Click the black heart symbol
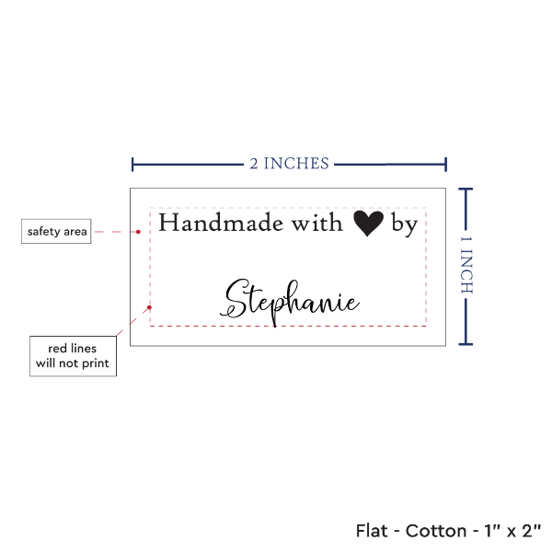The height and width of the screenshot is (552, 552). coord(368,224)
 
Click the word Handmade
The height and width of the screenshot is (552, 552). coord(221,223)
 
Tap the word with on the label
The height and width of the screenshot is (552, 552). coord(316,223)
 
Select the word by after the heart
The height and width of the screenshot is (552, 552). coord(405,224)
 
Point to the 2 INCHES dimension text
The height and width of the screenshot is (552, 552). coord(290,164)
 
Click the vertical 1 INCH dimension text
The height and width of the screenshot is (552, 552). coord(466,265)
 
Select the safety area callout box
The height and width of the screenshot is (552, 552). coord(56,231)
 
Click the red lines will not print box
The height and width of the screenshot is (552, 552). coord(73,356)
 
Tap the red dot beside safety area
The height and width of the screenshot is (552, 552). coord(138,232)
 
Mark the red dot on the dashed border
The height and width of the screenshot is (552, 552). coord(149,307)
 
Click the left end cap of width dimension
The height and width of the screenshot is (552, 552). coord(132,165)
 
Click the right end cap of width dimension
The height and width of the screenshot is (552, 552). coord(445,165)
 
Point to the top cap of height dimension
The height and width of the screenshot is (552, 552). coord(466,190)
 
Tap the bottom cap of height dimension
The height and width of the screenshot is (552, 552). coord(466,344)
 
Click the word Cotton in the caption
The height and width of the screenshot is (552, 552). coord(436,531)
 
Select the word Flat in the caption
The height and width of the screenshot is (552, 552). coord(372,531)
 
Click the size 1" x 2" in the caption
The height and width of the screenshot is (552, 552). coord(512,531)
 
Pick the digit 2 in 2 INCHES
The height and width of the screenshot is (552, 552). coord(254,164)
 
